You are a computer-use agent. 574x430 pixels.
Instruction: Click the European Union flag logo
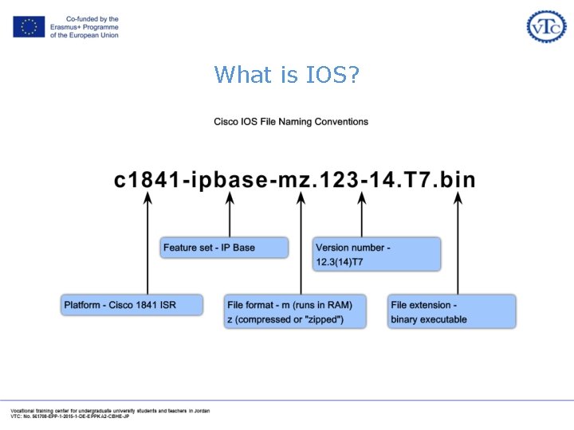(29, 27)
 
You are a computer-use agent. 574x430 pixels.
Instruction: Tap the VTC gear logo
(546, 26)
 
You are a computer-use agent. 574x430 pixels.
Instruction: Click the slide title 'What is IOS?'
(287, 76)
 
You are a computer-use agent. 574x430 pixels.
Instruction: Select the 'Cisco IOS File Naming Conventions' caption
(291, 122)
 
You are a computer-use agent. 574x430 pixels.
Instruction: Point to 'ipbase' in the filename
(230, 180)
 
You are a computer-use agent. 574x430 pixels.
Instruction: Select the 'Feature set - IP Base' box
(224, 248)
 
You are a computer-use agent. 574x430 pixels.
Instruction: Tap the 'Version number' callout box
(376, 254)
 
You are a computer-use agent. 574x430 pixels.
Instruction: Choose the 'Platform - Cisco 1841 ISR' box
(132, 305)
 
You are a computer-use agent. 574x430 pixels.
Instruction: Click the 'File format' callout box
(295, 311)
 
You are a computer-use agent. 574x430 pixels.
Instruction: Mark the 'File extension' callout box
(452, 311)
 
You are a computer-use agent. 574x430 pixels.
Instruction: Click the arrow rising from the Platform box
(147, 247)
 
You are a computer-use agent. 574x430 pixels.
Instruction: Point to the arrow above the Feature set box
(230, 217)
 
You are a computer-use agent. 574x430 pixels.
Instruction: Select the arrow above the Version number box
(362, 217)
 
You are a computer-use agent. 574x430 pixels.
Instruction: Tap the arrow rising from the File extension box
(458, 247)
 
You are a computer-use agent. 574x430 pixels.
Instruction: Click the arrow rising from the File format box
(301, 247)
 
